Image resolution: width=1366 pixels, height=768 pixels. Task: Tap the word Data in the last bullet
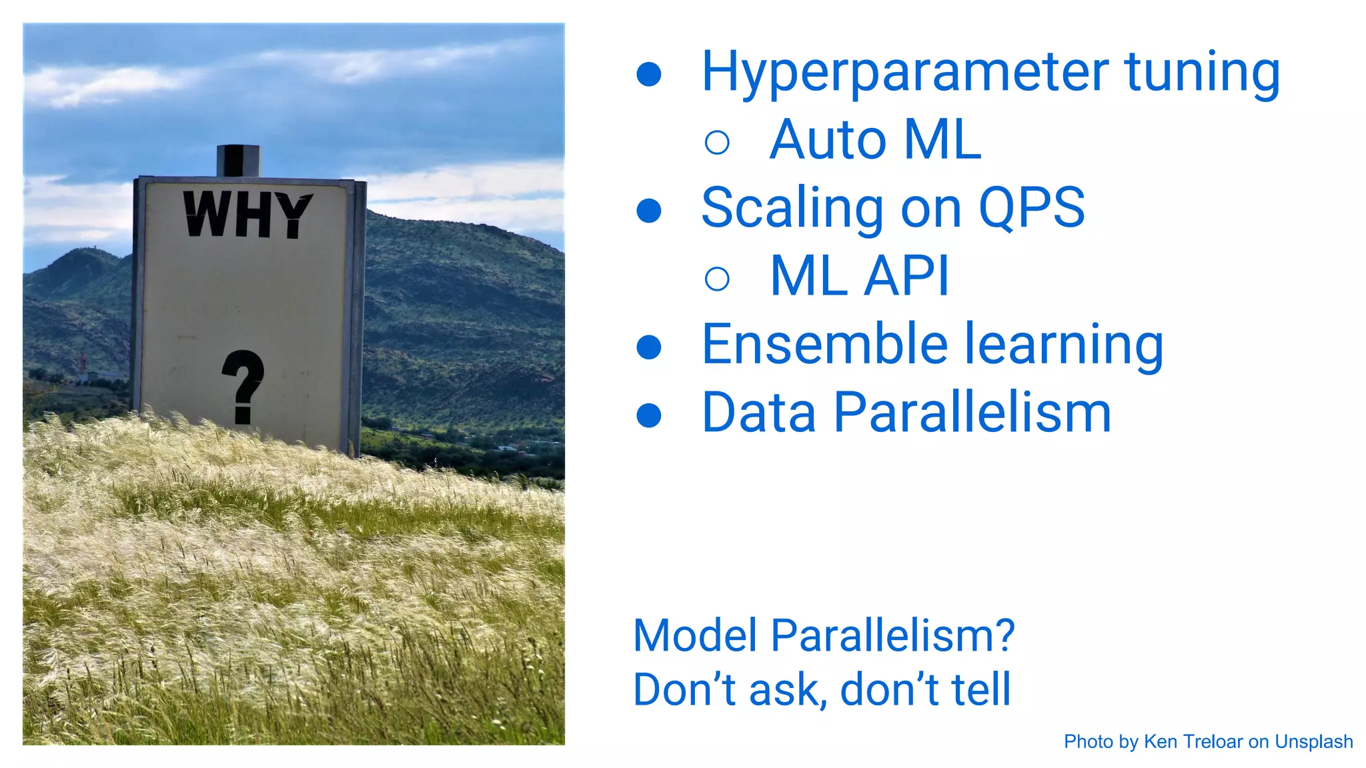[x=759, y=413]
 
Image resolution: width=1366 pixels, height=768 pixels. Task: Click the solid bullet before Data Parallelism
[x=649, y=415]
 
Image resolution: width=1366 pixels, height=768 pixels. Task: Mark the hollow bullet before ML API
[x=717, y=278]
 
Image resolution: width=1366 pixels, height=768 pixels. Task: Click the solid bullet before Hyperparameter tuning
[x=649, y=74]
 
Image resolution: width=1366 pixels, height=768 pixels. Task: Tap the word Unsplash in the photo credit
[x=1313, y=742]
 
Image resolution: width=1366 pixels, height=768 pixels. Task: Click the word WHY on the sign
[x=247, y=215]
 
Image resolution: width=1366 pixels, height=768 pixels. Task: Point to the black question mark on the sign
[x=243, y=386]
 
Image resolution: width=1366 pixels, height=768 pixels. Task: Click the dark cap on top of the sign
[x=238, y=161]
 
